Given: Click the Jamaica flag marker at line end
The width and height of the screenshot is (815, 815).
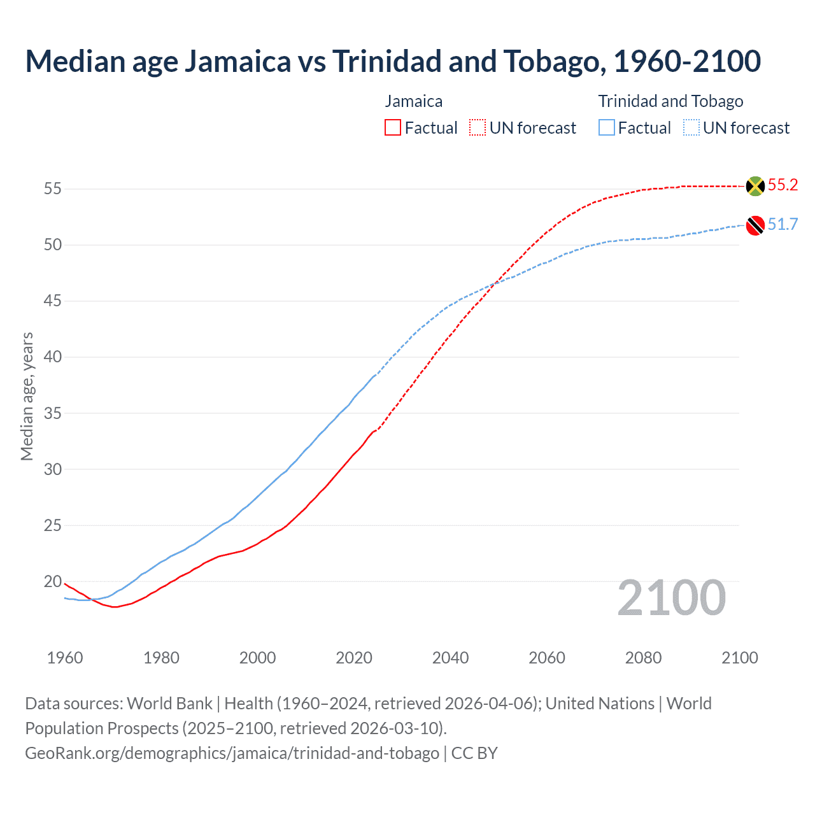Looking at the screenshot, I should [x=755, y=186].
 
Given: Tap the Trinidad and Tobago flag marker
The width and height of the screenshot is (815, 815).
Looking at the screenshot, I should [x=755, y=225].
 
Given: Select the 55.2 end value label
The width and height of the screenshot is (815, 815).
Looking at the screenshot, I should [x=783, y=185].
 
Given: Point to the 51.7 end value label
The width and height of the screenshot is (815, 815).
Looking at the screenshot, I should [x=783, y=225].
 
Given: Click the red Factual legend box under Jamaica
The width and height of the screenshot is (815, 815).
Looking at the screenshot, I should [x=393, y=128].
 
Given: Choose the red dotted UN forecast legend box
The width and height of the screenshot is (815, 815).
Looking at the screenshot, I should [x=478, y=128].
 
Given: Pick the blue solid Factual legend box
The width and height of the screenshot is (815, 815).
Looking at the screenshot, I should [x=607, y=128].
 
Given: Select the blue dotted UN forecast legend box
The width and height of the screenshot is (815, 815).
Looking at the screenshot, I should [x=691, y=128].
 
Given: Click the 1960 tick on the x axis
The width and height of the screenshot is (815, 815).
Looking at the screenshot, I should [x=65, y=658].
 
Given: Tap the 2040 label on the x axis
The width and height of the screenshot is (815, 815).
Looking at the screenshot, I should [x=450, y=658].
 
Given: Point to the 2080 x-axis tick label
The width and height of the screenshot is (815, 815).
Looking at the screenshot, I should [x=643, y=658].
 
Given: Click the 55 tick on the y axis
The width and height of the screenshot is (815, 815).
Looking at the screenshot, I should [x=52, y=189].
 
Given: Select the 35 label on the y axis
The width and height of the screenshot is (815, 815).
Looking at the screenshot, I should [x=52, y=413].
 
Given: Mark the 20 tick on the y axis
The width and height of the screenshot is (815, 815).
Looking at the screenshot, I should [x=52, y=581].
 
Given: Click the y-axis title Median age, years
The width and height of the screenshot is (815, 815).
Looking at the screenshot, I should [x=27, y=396].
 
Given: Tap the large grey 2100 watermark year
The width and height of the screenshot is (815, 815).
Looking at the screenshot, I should [x=671, y=598].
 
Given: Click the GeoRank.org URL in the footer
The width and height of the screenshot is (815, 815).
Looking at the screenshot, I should [x=232, y=753].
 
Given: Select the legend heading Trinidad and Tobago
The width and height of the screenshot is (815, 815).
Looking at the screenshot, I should [x=670, y=101].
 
